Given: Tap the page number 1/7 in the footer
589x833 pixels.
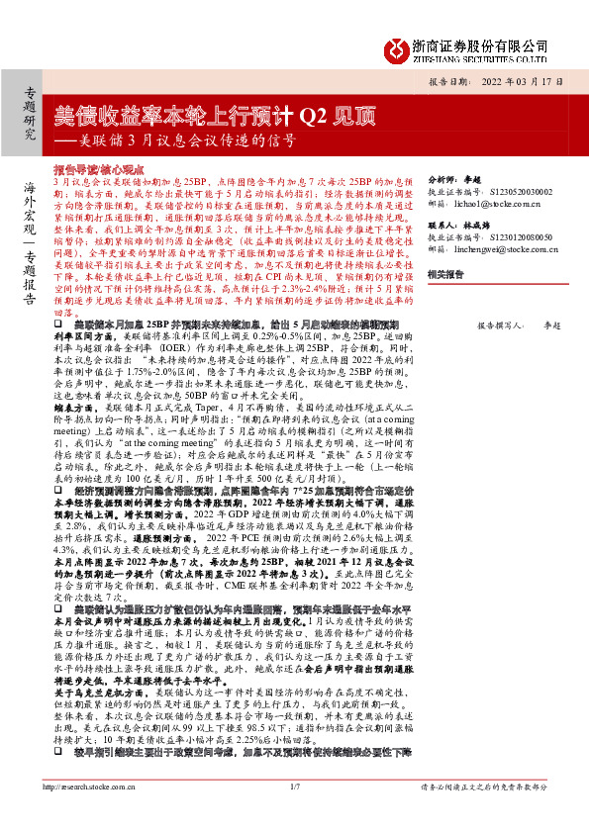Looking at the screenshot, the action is point(294,815).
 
